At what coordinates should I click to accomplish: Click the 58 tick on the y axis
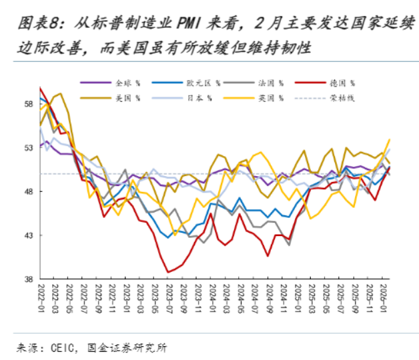tap(28, 104)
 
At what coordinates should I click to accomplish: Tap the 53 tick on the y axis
tap(28, 148)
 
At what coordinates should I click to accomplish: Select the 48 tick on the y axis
tap(28, 192)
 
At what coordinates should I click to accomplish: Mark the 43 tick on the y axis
tap(28, 236)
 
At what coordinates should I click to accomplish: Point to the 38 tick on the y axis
tap(28, 280)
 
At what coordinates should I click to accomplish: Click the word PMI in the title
tap(191, 25)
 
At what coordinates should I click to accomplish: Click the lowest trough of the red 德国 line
tap(168, 272)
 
